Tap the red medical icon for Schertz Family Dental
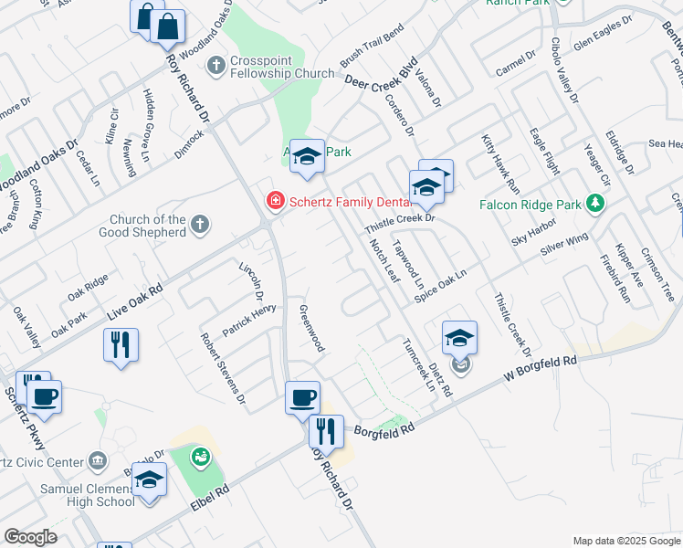point(272,200)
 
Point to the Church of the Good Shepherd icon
point(201,224)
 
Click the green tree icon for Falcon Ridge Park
point(596,203)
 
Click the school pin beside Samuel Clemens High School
point(150,480)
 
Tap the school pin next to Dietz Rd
point(459,338)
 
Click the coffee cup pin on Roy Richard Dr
point(303,398)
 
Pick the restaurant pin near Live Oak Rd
point(121,345)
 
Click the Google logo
point(31,537)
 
